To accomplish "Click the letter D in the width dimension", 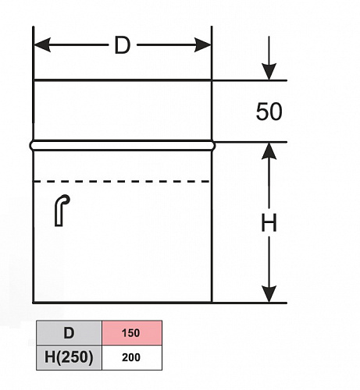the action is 122,45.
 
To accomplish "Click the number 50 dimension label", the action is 269,112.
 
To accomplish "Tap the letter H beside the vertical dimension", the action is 269,222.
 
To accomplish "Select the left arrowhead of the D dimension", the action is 42,45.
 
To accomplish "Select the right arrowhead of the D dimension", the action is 203,45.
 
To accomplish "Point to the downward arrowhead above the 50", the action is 269,72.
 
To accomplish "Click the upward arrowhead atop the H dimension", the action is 269,151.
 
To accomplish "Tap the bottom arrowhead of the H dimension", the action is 269,294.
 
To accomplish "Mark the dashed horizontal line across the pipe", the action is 122,181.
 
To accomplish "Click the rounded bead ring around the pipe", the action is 123,146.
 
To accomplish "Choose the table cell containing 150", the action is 132,333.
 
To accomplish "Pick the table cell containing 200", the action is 132,357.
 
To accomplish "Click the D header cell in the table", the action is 69,333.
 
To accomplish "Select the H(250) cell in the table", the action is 69,357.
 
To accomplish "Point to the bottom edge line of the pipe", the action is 123,303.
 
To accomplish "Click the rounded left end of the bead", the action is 32,146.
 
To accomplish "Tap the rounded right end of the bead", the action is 213,146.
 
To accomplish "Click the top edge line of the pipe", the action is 123,80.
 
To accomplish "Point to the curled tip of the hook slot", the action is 66,198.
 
